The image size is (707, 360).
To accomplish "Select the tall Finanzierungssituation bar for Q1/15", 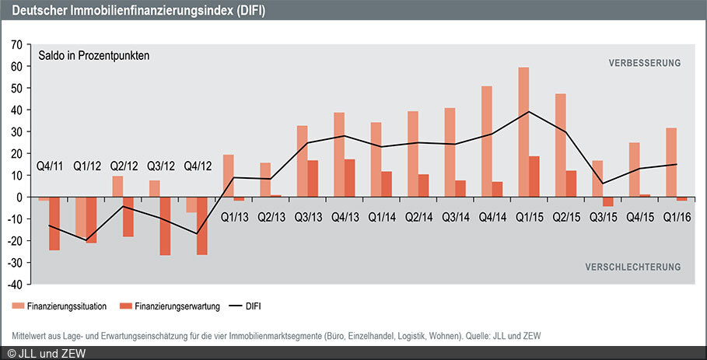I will tap(524, 132).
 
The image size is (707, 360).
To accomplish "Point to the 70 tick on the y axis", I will tap(16, 45).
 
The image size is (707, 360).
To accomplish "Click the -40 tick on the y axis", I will tap(15, 285).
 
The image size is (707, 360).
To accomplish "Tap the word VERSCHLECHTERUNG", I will tap(632, 267).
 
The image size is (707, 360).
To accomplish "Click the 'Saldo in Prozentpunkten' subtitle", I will tap(94, 56).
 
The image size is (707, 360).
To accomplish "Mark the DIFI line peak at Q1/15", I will tap(529, 112).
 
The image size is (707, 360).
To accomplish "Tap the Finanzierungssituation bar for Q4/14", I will tap(487, 142).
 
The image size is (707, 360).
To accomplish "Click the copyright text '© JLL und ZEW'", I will tap(46, 354).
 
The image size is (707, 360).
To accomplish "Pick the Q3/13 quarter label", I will tap(310, 218).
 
